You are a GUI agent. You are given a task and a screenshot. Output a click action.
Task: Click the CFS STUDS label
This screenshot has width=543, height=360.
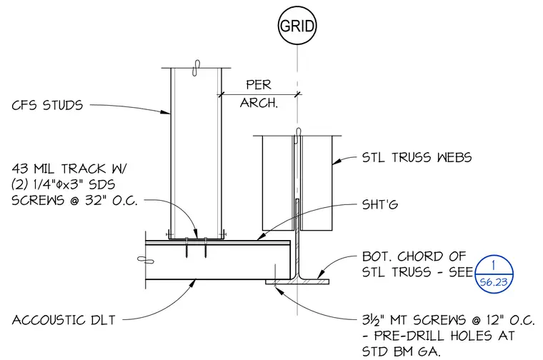(47, 105)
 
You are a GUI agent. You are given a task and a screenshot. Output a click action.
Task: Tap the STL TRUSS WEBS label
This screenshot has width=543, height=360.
(417, 157)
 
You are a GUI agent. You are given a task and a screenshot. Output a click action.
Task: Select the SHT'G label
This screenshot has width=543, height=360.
(380, 204)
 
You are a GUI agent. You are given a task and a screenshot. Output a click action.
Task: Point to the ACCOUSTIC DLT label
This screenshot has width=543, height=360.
(64, 320)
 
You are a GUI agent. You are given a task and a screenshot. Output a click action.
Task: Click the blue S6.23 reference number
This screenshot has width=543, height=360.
(494, 282)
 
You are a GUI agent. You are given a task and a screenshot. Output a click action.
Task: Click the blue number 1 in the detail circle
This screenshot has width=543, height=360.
(494, 266)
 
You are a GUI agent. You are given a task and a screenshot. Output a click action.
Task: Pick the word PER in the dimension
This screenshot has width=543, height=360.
(259, 84)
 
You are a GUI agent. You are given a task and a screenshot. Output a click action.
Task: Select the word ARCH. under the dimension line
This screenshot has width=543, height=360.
(259, 103)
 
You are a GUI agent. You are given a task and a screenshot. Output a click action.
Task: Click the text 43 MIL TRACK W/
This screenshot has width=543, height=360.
(69, 169)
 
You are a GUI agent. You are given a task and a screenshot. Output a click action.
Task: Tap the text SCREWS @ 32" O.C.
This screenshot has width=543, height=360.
(74, 201)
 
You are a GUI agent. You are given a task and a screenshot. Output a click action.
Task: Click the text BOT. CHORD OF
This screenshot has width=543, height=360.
(414, 256)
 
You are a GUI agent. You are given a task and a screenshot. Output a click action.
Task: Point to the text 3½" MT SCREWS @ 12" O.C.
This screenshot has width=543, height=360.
(449, 320)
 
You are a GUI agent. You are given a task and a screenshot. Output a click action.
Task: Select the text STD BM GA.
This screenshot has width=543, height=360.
(402, 351)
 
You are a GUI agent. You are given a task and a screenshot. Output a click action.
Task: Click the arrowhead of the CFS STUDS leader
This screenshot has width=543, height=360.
(167, 112)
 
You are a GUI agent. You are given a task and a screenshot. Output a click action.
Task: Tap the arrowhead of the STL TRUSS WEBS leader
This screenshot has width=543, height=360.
(337, 161)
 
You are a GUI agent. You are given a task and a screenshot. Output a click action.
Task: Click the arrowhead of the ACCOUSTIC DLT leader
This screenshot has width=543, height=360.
(194, 283)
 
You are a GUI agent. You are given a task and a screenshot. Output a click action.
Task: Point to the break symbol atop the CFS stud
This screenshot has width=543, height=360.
(196, 68)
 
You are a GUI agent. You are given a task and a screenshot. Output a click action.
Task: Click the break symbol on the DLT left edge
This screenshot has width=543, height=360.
(146, 259)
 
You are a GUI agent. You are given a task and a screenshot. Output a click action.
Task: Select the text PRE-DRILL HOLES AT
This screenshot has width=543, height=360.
(444, 336)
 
